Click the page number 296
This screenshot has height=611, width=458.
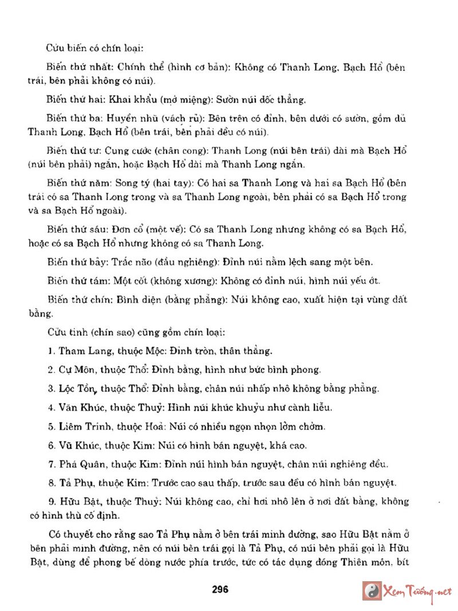point(220,589)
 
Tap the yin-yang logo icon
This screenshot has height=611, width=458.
point(373,590)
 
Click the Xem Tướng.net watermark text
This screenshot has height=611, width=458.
point(418,590)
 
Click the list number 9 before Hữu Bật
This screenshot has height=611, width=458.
point(50,501)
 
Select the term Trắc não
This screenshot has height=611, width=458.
point(134,262)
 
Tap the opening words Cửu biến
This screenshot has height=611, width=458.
point(62,48)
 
